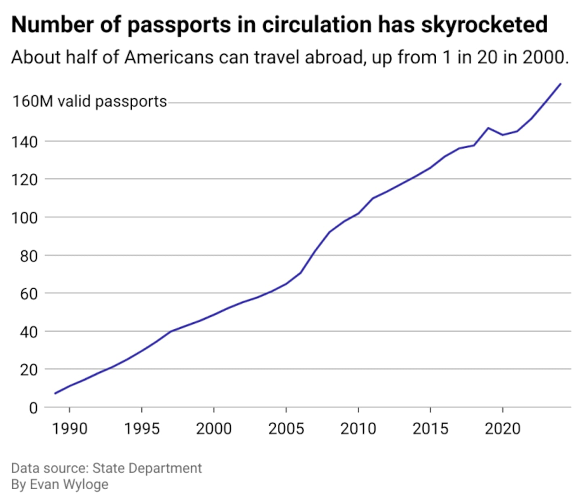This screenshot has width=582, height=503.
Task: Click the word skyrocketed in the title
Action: [x=484, y=25]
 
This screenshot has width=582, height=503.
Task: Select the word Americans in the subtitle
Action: [x=169, y=57]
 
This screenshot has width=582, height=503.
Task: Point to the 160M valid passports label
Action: [x=89, y=101]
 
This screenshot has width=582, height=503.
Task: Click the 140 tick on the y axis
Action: [x=28, y=142]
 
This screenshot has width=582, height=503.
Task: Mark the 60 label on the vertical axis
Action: [x=29, y=294]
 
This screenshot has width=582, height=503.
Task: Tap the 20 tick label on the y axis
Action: [x=29, y=370]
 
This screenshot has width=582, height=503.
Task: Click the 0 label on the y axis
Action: [x=33, y=408]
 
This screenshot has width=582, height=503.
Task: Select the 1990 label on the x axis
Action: [x=70, y=429]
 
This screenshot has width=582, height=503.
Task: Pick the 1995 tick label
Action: [x=142, y=429]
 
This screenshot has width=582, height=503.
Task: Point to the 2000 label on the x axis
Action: [x=214, y=429]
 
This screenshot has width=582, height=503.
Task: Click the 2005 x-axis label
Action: [x=286, y=429]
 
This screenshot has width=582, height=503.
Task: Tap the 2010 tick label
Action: [x=358, y=429]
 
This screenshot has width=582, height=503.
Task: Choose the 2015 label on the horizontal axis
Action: [x=430, y=429]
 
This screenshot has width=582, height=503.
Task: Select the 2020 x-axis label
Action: [x=502, y=429]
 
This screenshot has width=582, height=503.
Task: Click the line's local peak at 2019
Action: [x=488, y=128]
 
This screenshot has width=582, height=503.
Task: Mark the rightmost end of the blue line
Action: [x=561, y=84]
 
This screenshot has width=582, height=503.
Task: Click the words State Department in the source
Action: [x=147, y=468]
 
